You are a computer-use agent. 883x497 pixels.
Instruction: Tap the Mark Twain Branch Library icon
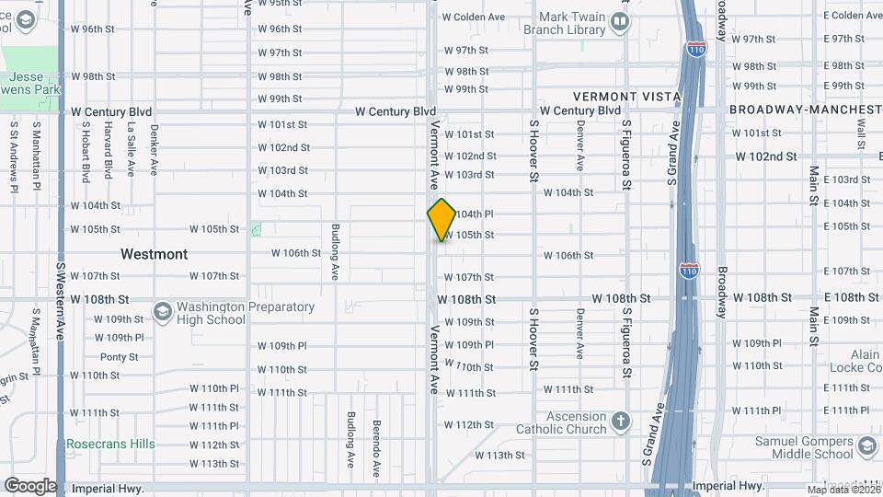pyautogui.click(x=621, y=21)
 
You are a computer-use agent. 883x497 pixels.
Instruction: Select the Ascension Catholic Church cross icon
pyautogui.click(x=621, y=422)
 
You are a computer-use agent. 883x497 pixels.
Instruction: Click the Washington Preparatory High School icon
pyautogui.click(x=162, y=312)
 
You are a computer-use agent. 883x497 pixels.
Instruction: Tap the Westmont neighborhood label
pyautogui.click(x=154, y=253)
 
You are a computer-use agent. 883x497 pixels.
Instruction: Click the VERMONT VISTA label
pyautogui.click(x=626, y=96)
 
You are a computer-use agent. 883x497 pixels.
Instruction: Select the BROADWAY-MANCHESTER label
pyautogui.click(x=805, y=110)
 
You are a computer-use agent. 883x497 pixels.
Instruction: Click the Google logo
pyautogui.click(x=30, y=485)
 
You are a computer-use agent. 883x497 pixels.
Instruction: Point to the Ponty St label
pyautogui.click(x=119, y=357)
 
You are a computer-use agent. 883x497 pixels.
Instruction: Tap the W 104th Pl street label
pyautogui.click(x=475, y=214)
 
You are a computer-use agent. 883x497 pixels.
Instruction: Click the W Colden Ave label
pyautogui.click(x=474, y=17)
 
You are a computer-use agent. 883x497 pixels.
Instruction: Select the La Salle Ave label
pyautogui.click(x=131, y=150)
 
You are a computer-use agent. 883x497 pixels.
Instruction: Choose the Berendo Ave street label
pyautogui.click(x=376, y=447)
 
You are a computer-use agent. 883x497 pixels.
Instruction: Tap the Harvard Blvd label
pyautogui.click(x=108, y=150)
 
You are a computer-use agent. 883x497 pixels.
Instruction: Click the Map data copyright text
pyautogui.click(x=839, y=490)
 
